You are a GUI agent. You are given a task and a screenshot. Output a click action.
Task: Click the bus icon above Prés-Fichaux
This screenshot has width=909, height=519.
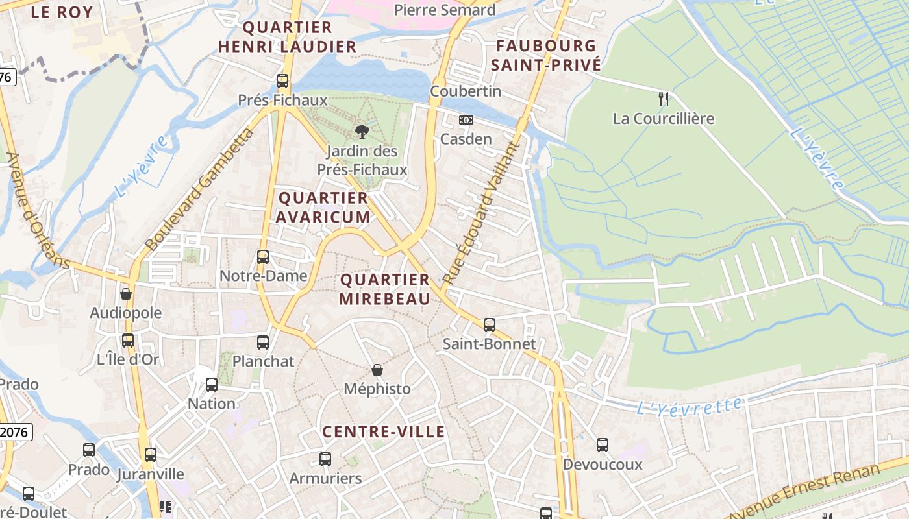(x=282, y=81)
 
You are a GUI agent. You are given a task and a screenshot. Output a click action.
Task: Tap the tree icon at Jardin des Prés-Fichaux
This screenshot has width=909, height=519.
(x=362, y=132)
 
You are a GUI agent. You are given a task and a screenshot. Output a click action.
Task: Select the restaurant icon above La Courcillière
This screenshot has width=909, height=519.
(x=663, y=99)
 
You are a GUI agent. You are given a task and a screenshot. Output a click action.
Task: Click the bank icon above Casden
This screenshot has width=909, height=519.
(x=466, y=120)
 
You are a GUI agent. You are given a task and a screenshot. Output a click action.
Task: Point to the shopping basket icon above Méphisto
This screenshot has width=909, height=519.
(x=377, y=370)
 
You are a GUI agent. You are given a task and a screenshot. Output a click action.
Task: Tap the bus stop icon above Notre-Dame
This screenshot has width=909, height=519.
(x=263, y=256)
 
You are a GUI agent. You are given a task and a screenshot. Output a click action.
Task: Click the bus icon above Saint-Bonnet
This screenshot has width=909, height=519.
(x=490, y=324)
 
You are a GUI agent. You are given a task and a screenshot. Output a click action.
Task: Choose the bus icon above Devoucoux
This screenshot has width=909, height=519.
(x=603, y=445)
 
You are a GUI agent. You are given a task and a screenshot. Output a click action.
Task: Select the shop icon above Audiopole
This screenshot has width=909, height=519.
(x=126, y=294)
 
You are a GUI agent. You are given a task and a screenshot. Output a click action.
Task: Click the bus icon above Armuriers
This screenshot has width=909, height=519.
(x=325, y=459)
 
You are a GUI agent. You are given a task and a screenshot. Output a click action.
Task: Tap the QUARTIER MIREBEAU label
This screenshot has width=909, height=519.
(x=385, y=289)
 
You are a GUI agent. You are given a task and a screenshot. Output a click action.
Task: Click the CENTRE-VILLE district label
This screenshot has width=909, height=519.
(x=384, y=432)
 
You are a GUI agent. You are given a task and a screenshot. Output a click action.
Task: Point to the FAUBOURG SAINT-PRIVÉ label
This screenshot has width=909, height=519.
(x=545, y=55)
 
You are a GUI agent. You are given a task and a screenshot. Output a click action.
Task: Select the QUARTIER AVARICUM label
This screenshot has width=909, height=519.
(x=323, y=208)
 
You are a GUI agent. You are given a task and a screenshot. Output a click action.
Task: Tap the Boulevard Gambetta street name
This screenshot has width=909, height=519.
(x=199, y=190)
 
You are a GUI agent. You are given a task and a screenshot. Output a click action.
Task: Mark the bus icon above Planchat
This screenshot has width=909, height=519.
(x=263, y=343)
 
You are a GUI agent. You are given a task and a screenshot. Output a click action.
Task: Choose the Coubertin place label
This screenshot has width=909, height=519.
(x=466, y=91)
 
